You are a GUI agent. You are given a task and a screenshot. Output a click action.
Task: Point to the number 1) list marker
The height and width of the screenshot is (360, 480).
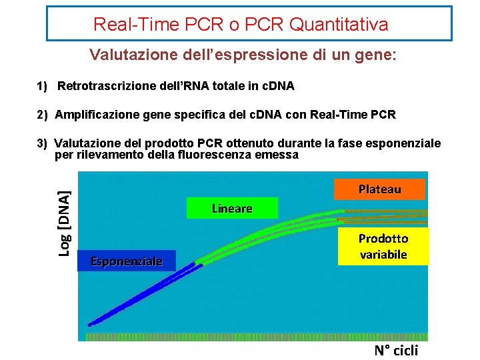[42, 86]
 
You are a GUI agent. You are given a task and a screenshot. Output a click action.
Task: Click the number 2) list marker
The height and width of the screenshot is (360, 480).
[42, 115]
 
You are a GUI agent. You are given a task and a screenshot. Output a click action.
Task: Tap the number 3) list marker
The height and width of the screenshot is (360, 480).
[42, 143]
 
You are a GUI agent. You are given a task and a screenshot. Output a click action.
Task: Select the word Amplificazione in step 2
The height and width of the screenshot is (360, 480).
[96, 115]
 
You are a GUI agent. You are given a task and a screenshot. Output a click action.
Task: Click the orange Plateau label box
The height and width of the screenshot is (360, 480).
[379, 189]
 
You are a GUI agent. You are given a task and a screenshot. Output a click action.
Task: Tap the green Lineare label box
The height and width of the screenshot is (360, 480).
[232, 208]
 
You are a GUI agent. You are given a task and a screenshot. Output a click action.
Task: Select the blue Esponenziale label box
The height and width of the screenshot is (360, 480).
[126, 261]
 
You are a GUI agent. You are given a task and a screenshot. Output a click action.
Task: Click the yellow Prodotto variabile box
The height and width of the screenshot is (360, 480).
[383, 246]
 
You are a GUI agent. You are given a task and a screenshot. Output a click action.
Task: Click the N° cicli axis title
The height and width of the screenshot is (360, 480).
[396, 351]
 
